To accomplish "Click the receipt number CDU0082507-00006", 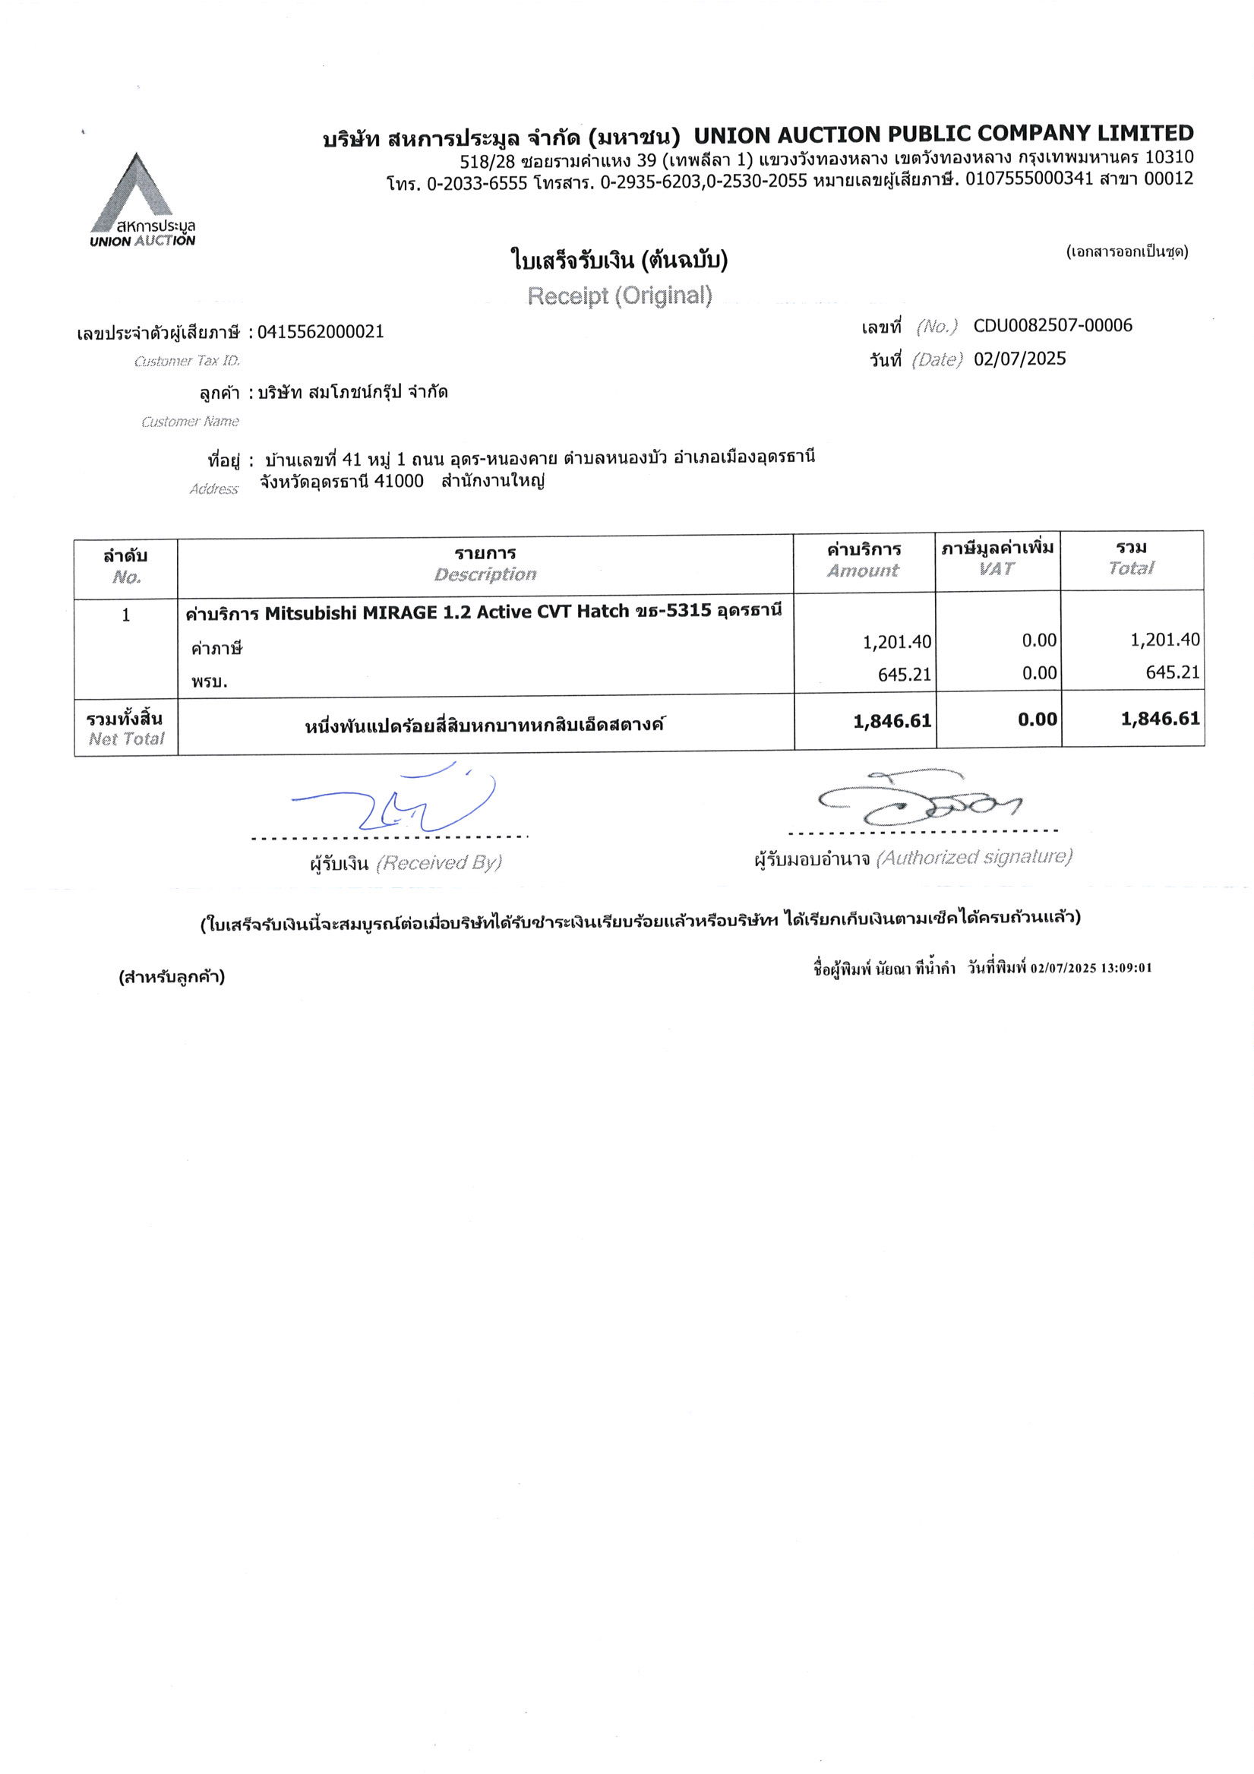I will point(1052,325).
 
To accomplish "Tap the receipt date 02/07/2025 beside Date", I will point(1019,359).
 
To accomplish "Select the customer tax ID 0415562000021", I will point(321,332).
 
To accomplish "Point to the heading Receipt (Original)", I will point(620,296).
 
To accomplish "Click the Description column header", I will point(485,574).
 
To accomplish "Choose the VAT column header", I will point(997,570).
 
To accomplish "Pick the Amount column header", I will point(863,571).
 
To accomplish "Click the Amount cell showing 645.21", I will point(904,675).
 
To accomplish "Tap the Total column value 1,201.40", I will point(1164,640).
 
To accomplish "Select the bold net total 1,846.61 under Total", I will point(1161,719).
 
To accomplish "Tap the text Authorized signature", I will point(974,857).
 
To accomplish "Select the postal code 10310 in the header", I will point(1168,157).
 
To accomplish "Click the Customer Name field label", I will point(190,422).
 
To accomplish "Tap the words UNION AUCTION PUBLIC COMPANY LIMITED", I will point(943,134).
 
